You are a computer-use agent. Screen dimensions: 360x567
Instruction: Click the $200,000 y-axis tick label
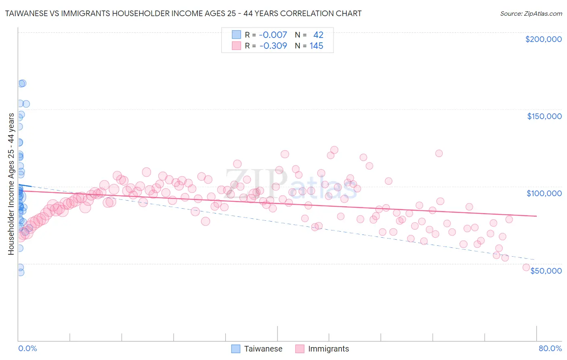[x=543, y=39]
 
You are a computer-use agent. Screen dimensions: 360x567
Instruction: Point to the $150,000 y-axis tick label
[x=544, y=116]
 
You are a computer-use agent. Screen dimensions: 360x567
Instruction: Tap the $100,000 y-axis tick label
[x=544, y=193]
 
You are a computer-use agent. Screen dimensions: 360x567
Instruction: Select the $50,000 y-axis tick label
[x=546, y=271]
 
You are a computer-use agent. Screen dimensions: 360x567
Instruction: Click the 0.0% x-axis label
[x=27, y=348]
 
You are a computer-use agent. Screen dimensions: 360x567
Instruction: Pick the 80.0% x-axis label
[x=550, y=348]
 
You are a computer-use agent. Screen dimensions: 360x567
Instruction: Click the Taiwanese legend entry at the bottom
[x=263, y=349]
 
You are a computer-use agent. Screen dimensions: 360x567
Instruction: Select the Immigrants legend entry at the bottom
[x=328, y=349]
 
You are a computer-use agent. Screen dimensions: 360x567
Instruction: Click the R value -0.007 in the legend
[x=273, y=35]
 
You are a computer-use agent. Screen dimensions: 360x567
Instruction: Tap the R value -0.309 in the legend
[x=273, y=46]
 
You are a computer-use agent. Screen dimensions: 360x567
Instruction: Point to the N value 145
[x=316, y=46]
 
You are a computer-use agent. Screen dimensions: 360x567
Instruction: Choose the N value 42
[x=318, y=35]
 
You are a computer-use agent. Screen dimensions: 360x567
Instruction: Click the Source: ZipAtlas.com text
[x=531, y=13]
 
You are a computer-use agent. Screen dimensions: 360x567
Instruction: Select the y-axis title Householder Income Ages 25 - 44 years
[x=11, y=184]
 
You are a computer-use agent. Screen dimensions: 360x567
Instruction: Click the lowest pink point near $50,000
[x=526, y=267]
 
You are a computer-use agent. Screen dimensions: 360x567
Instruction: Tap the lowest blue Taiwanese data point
[x=20, y=272]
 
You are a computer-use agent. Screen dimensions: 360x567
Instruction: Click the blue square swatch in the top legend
[x=236, y=35]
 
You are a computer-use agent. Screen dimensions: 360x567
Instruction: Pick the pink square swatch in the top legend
[x=236, y=46]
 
